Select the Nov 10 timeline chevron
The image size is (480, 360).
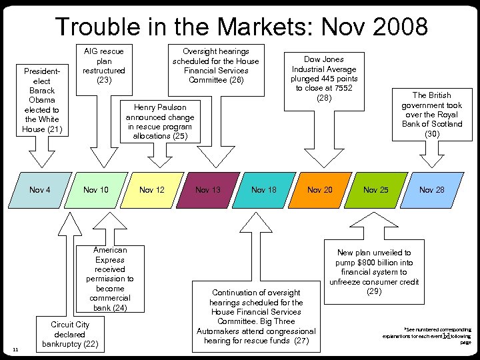coord(95,190)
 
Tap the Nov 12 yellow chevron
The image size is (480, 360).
coord(151,190)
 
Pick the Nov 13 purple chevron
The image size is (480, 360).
coord(207,190)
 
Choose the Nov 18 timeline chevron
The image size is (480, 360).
coord(263,190)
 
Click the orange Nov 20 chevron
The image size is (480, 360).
coord(319,190)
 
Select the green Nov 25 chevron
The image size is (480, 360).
coord(375,190)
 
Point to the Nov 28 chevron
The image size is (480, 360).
coord(431,190)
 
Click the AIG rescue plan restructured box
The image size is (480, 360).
coord(103,65)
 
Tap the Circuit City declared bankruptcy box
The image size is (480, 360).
coord(70,334)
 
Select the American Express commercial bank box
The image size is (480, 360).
coord(109,279)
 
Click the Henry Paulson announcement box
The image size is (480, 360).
coord(160,121)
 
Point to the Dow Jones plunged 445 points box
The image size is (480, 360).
coord(324,79)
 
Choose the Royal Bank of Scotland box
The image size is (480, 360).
coord(432,114)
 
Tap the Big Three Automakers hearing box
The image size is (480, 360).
coord(255,317)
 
